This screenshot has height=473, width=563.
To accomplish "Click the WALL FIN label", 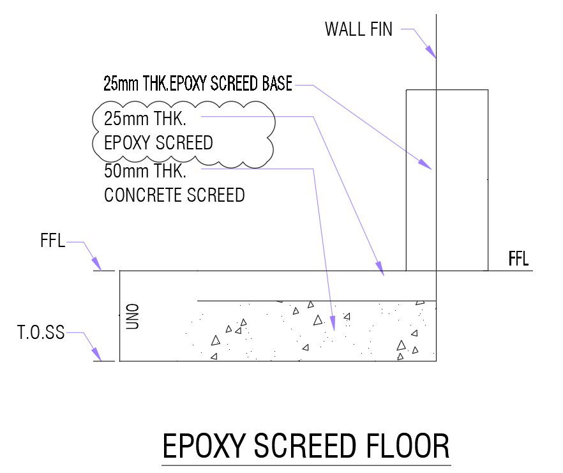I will click(358, 29).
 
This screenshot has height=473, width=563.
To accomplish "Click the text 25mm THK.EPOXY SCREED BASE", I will click(198, 84).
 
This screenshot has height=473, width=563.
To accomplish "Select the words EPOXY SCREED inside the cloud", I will click(158, 142).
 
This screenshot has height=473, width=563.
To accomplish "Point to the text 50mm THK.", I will click(144, 171).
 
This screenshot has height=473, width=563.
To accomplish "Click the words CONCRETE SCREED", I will click(174, 195).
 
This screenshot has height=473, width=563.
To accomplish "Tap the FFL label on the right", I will click(518, 260).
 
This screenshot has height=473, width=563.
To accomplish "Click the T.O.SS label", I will click(41, 333).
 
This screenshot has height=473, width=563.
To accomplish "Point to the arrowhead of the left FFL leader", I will click(96, 264).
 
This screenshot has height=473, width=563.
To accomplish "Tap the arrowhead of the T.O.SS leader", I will click(96, 354).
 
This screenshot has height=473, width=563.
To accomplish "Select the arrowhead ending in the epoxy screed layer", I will click(379, 267).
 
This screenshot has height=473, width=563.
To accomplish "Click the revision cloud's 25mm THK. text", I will click(144, 119).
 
